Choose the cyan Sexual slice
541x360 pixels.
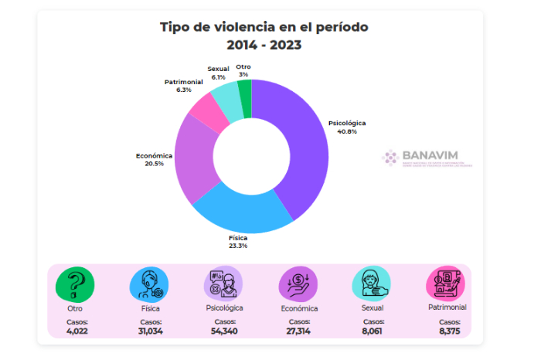[x=225, y=98]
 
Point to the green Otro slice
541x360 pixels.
[x=245, y=94]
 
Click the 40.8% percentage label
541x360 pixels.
[x=346, y=131]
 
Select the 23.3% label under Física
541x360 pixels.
[x=238, y=246]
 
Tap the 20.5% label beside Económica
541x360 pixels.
[x=154, y=164]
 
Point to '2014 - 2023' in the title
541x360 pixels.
[x=264, y=45]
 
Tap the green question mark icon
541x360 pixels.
[x=75, y=283]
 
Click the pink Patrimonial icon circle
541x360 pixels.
[x=445, y=283]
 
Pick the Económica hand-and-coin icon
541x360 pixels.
[x=298, y=283]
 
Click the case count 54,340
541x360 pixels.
[x=224, y=331]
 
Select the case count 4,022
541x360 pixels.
[x=77, y=331]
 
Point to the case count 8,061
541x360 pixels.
[x=373, y=331]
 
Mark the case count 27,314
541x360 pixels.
[x=298, y=331]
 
